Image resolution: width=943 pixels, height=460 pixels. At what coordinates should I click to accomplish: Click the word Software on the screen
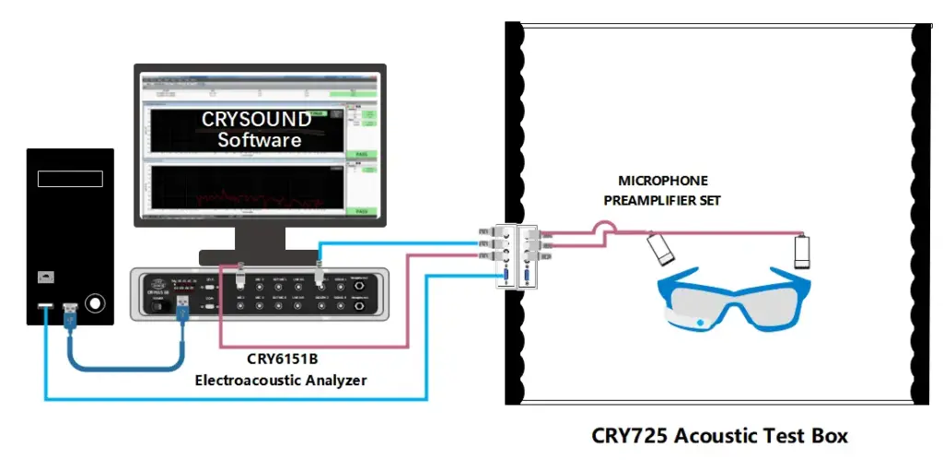[259, 140]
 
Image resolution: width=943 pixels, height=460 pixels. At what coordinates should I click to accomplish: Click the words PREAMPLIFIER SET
[663, 199]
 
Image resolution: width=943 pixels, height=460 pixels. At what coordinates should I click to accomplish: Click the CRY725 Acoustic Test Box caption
[718, 434]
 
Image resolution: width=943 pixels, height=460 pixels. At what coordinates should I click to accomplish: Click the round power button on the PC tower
[93, 304]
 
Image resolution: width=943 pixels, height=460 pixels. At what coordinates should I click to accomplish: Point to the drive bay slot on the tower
[68, 178]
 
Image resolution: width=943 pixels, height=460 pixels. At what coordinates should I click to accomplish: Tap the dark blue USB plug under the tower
[70, 316]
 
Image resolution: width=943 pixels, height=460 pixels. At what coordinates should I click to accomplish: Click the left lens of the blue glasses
[708, 303]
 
